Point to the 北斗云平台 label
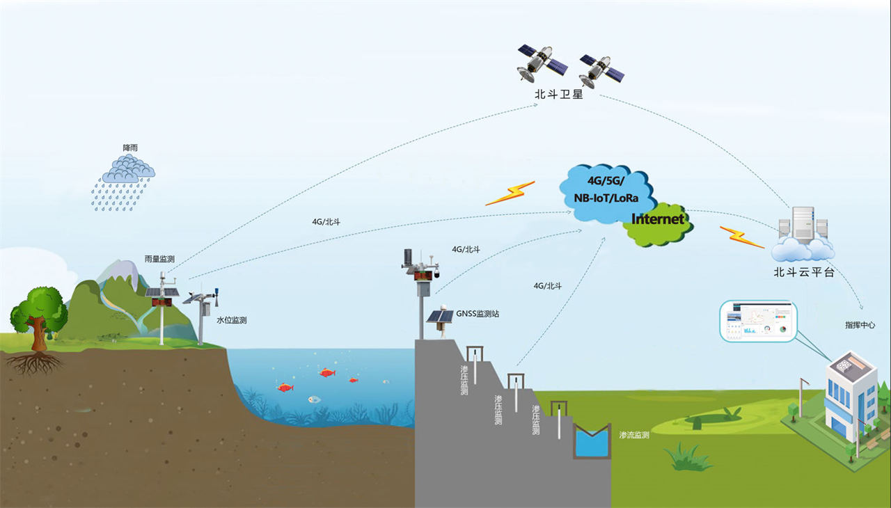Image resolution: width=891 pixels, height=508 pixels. [803, 272]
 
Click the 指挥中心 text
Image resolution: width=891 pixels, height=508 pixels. [860, 325]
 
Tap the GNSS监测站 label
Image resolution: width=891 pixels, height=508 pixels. [478, 314]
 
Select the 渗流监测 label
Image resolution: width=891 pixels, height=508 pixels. [633, 435]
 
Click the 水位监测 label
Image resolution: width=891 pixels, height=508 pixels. [231, 320]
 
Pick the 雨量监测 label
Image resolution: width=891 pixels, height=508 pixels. [159, 259]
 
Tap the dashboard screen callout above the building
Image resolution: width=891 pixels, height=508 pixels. [758, 322]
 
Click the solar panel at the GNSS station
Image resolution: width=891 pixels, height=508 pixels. [439, 317]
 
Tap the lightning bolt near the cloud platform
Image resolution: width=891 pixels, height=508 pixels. [741, 237]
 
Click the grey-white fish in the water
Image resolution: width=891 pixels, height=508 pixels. [315, 399]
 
